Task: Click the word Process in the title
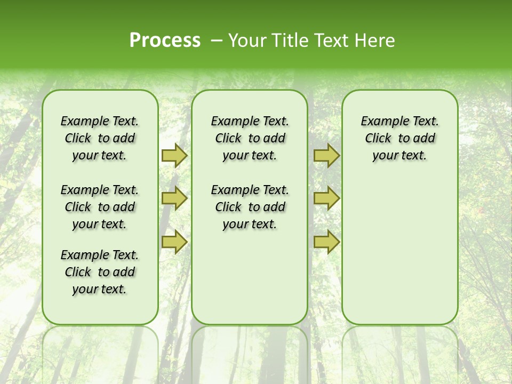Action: pyautogui.click(x=165, y=41)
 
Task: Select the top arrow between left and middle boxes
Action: pyautogui.click(x=174, y=156)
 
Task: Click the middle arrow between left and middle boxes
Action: pyautogui.click(x=174, y=198)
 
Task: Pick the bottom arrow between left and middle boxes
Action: pyautogui.click(x=174, y=242)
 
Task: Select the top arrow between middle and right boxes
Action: pyautogui.click(x=326, y=156)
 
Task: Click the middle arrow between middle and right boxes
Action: pyautogui.click(x=326, y=198)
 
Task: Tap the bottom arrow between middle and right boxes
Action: pyautogui.click(x=326, y=242)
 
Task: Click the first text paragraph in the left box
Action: pyautogui.click(x=100, y=138)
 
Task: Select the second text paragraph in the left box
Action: pyautogui.click(x=100, y=207)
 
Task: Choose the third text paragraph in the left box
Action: pyautogui.click(x=100, y=272)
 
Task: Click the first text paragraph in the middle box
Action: pyautogui.click(x=250, y=138)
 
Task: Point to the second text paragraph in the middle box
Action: pyautogui.click(x=250, y=207)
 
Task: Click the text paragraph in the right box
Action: pyautogui.click(x=399, y=138)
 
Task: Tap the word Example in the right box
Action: pyautogui.click(x=382, y=122)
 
